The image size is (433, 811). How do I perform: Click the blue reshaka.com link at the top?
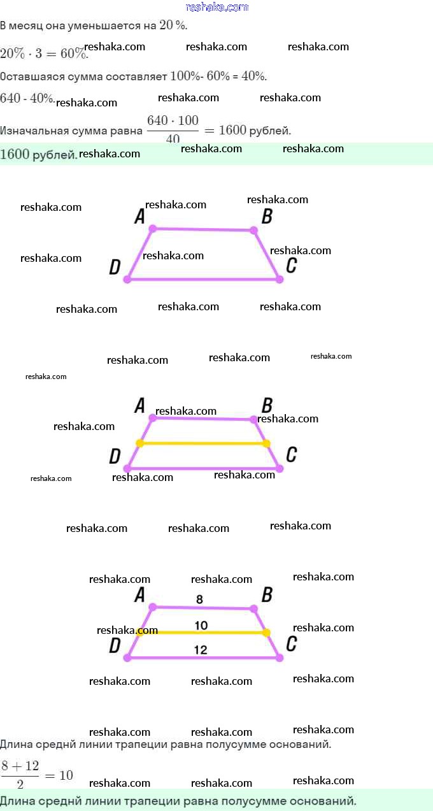217,7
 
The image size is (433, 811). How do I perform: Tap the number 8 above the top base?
199,599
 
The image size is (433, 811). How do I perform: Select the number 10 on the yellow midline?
201,625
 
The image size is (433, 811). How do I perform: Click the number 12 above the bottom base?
201,650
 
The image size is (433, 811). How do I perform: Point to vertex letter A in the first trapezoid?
139,217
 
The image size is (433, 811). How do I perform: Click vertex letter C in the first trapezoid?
292,266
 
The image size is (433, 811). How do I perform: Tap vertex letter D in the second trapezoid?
115,456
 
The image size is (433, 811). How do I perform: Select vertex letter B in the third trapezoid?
267,595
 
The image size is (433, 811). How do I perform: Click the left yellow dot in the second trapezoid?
140,443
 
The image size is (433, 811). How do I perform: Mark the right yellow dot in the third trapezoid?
266,633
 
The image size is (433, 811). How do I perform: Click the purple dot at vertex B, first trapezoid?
253,230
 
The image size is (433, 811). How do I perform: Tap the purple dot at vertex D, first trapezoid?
127,279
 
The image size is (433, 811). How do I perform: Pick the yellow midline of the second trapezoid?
203,443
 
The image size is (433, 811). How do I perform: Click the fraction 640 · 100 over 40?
173,129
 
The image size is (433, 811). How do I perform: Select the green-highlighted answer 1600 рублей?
39,155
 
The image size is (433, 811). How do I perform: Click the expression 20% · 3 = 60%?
44,54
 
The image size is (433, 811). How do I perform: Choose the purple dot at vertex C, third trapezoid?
280,657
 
